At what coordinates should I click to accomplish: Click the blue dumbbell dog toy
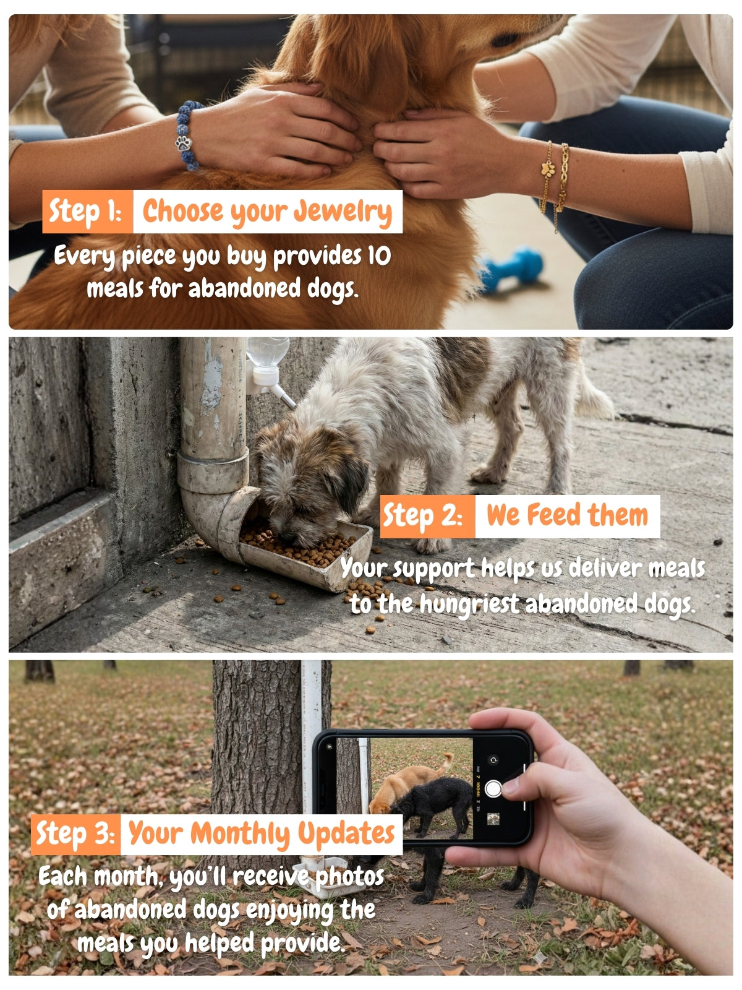tap(511, 269)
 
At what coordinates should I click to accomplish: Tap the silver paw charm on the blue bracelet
tap(184, 144)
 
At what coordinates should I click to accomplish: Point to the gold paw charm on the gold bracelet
tap(548, 170)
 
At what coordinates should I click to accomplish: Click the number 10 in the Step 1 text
tap(379, 256)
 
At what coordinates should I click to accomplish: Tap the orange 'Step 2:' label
tap(427, 517)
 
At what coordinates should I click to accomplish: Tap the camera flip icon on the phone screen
tap(493, 760)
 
